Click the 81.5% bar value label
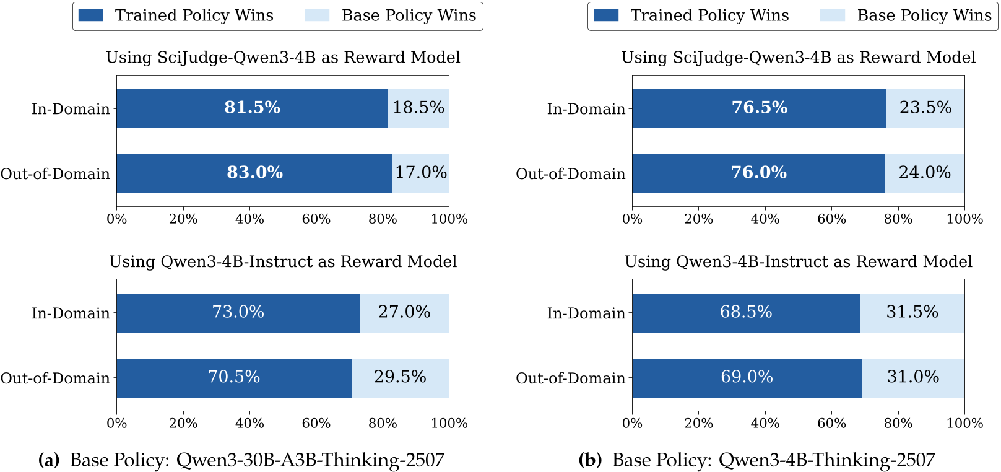tap(252, 108)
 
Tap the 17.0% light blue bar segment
tap(421, 173)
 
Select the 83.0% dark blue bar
tap(254, 173)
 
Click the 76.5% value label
tap(760, 108)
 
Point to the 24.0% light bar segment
tap(924, 173)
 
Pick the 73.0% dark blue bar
tap(238, 312)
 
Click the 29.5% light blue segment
tap(400, 377)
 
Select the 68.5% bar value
tap(746, 312)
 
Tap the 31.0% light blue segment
tap(913, 377)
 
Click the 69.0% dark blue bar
tap(747, 377)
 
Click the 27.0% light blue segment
tap(404, 312)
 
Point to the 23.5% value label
tap(925, 108)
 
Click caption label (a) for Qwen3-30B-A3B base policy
tap(49, 460)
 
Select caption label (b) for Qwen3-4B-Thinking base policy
tap(590, 460)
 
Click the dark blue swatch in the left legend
tap(90, 15)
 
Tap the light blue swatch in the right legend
tap(832, 15)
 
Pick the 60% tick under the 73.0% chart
tap(316, 424)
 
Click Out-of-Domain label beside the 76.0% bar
tap(570, 174)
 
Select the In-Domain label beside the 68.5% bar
tap(586, 313)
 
